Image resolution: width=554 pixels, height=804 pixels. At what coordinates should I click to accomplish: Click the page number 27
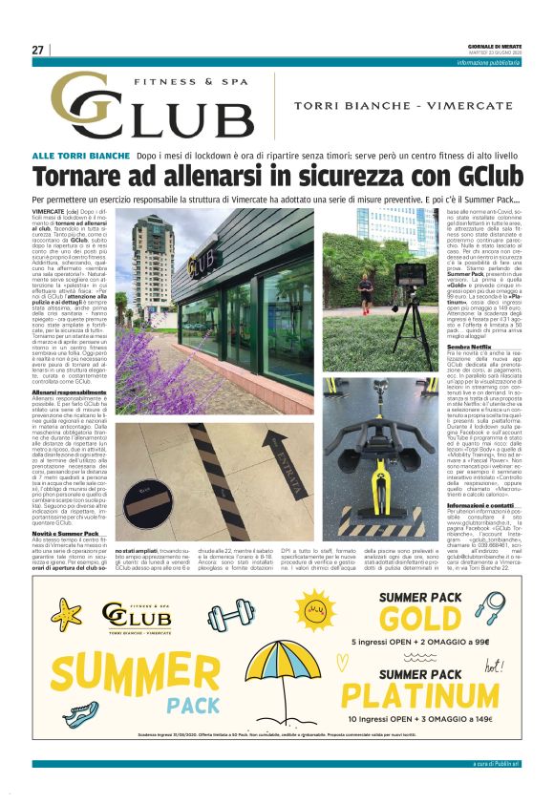37,50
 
